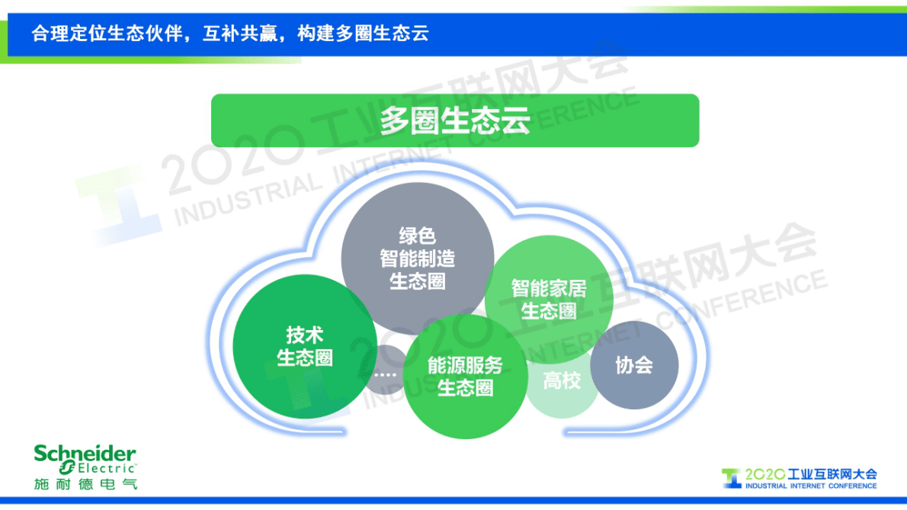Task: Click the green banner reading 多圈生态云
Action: click(x=454, y=120)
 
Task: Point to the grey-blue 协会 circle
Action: click(x=634, y=365)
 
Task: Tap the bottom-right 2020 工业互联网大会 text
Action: click(x=811, y=474)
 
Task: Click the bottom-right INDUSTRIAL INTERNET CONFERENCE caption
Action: click(x=811, y=486)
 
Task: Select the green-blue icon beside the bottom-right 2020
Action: click(x=731, y=478)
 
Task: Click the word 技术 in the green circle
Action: click(x=305, y=335)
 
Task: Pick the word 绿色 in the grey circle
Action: click(x=417, y=236)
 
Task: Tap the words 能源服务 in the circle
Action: click(x=465, y=366)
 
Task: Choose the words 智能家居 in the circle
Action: click(x=548, y=289)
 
